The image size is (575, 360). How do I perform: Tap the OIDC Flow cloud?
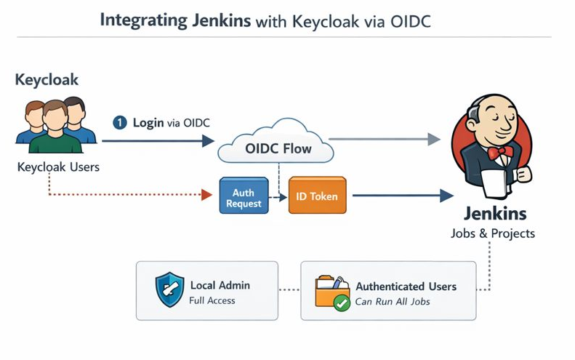pos(276,148)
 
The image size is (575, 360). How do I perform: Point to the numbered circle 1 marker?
pos(120,123)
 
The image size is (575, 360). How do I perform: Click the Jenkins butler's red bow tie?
pos(501,152)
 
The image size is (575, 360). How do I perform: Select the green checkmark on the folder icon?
pos(341,303)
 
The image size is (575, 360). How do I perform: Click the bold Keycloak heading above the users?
pos(47,79)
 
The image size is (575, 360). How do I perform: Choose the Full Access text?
pos(212,300)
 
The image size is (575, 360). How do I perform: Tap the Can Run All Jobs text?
pos(393,301)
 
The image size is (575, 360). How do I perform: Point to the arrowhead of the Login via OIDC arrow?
pos(209,140)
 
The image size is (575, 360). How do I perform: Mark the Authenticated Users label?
pos(406,286)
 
